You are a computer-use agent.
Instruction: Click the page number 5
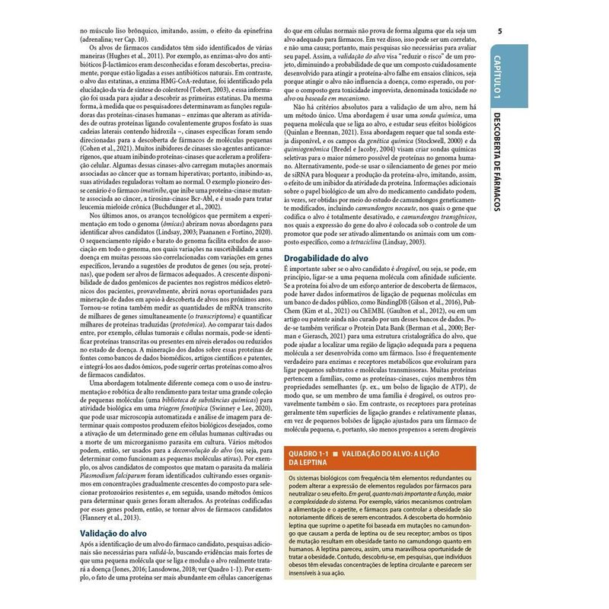(x=499, y=31)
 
